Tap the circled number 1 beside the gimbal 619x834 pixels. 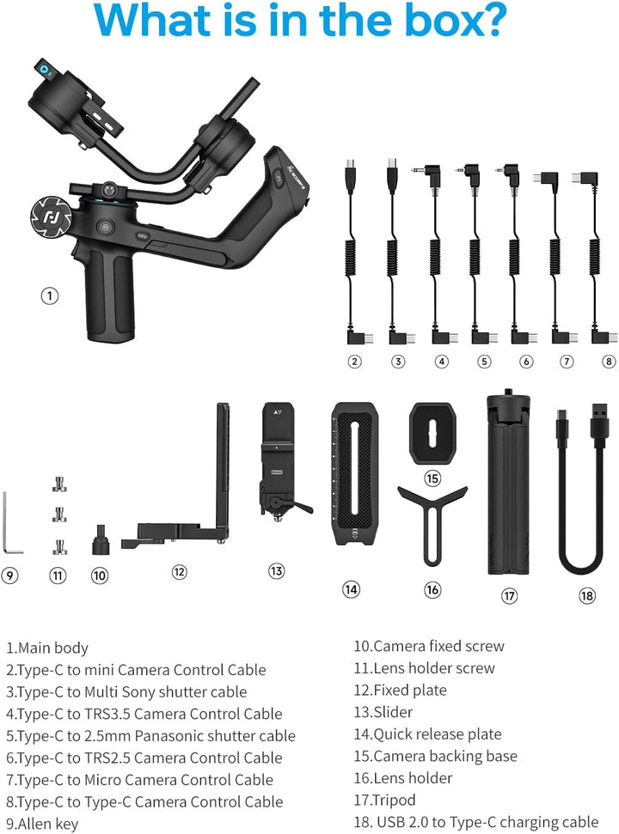[50, 296]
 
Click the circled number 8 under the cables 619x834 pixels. [609, 362]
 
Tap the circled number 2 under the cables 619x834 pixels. [354, 362]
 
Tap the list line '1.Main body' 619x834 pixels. [47, 648]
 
